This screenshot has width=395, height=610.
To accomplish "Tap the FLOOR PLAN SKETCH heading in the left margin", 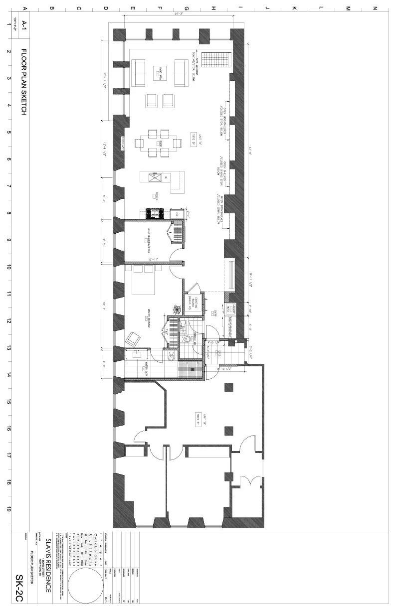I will pyautogui.click(x=23, y=82).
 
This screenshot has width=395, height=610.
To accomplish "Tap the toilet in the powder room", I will pyautogui.click(x=187, y=339).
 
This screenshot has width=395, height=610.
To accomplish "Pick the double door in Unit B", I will pyautogui.click(x=247, y=482).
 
